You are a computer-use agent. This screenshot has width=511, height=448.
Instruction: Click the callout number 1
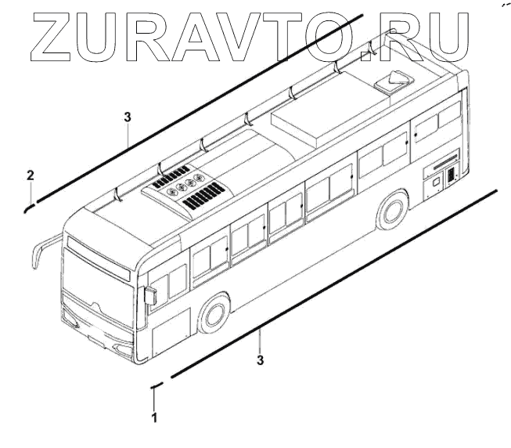[x=154, y=417]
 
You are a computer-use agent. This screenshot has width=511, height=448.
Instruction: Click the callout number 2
[x=30, y=173]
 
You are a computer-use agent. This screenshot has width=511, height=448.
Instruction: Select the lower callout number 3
[x=260, y=360]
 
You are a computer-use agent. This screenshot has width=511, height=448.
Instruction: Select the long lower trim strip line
[x=336, y=283]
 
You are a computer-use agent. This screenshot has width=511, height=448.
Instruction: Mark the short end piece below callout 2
[x=28, y=207]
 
